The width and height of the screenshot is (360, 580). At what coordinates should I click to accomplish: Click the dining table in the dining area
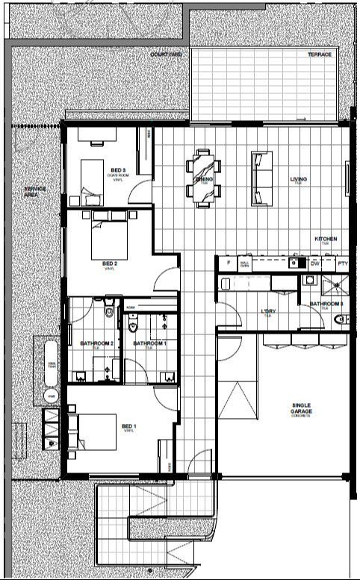pyautogui.click(x=204, y=177)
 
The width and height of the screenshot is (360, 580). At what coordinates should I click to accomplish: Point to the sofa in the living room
pyautogui.click(x=261, y=178)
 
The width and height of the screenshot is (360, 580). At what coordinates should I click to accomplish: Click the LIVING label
pyautogui.click(x=300, y=179)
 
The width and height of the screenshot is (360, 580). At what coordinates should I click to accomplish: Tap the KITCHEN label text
pyautogui.click(x=326, y=240)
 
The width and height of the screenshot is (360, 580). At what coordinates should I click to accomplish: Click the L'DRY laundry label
pyautogui.click(x=267, y=312)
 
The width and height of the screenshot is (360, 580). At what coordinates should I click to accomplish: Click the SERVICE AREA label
pyautogui.click(x=35, y=191)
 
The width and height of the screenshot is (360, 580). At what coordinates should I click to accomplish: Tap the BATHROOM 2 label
pyautogui.click(x=96, y=344)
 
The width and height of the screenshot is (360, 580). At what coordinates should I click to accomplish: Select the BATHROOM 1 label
pyautogui.click(x=149, y=344)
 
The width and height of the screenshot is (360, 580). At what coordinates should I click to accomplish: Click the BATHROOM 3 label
pyautogui.click(x=326, y=304)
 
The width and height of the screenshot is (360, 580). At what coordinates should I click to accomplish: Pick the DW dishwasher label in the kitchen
pyautogui.click(x=314, y=263)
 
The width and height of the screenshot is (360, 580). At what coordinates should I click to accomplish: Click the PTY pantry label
pyautogui.click(x=343, y=263)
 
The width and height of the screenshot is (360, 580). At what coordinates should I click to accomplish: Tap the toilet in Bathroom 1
pyautogui.click(x=134, y=324)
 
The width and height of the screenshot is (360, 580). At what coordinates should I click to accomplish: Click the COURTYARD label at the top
pyautogui.click(x=166, y=55)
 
